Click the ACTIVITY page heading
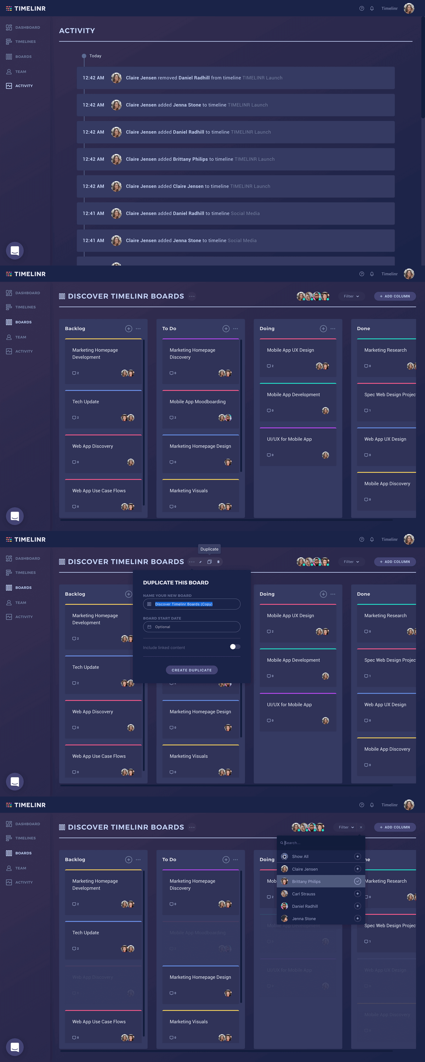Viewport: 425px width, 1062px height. coord(77,30)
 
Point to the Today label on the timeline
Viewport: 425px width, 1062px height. coord(95,56)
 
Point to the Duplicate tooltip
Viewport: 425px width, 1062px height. coord(209,549)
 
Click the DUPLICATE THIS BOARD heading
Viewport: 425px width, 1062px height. coord(176,583)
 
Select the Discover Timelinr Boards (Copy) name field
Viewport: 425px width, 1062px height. coord(192,604)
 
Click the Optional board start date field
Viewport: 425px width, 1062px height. coord(192,627)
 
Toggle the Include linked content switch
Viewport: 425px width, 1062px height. coord(235,647)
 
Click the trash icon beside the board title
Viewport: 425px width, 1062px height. coord(218,561)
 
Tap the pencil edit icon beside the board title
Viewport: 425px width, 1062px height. coord(200,561)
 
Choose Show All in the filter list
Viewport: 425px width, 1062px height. coord(300,856)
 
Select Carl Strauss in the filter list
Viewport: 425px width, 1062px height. coord(303,894)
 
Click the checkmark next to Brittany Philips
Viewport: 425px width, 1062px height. coord(357,881)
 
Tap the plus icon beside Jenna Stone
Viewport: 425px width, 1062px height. coord(357,918)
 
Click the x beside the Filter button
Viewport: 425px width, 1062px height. coord(361,827)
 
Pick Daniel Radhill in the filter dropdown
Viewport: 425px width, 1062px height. coord(305,906)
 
